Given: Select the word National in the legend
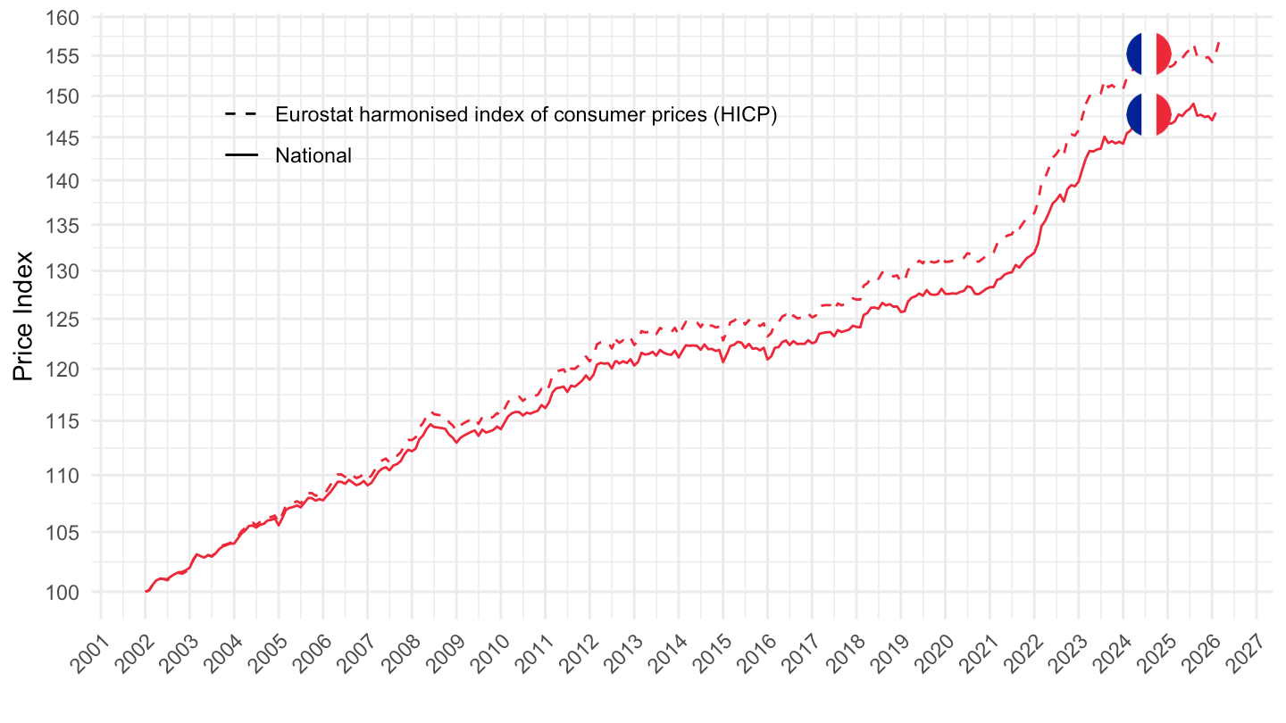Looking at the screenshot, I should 313,155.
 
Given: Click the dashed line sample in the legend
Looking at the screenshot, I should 241,115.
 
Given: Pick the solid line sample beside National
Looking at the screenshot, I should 241,155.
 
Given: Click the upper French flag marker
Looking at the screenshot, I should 1148,54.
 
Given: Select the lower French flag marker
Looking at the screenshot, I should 1148,114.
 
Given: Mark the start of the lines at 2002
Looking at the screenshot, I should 146,591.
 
